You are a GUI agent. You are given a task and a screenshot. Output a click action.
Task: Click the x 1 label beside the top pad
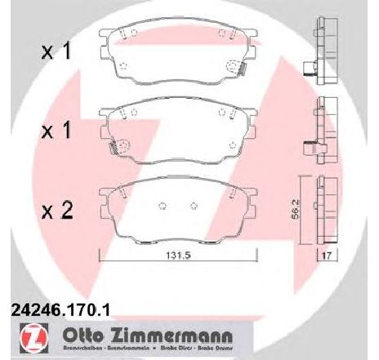tap(56, 52)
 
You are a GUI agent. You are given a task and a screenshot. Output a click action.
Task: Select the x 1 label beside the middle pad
tap(56, 130)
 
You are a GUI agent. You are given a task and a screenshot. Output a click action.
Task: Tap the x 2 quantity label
tap(56, 212)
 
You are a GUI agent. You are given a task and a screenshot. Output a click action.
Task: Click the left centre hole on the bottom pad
tap(161, 207)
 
